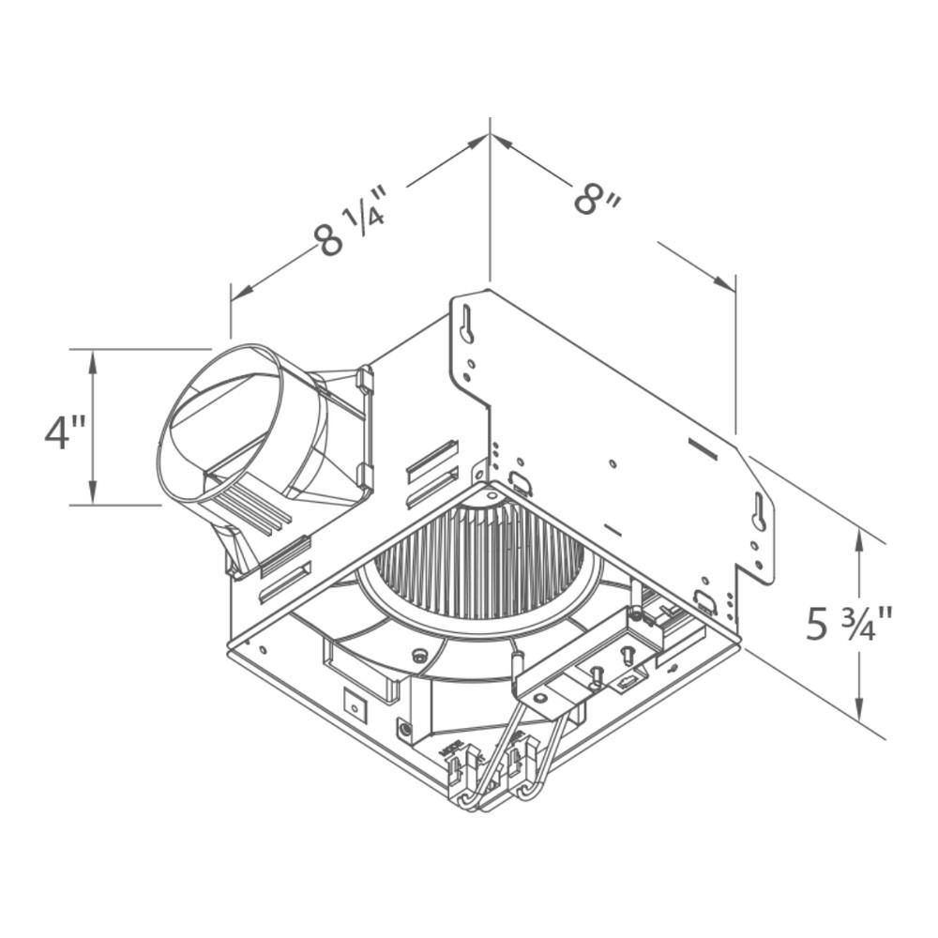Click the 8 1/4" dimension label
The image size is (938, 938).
pos(352,225)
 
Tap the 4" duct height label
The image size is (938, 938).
pos(66,432)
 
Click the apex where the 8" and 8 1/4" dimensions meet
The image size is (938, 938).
pos(490,136)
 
